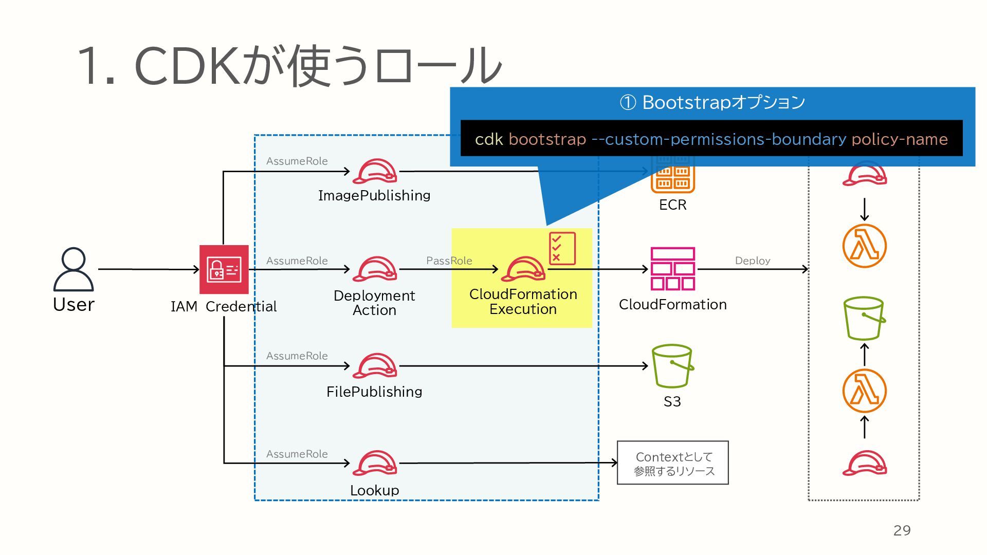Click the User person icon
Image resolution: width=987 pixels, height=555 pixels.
pyautogui.click(x=74, y=269)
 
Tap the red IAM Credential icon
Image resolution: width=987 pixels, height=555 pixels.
pyautogui.click(x=224, y=269)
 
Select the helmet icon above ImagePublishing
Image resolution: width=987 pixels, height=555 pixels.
pyautogui.click(x=375, y=171)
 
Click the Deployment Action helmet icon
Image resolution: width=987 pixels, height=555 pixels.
pyautogui.click(x=375, y=269)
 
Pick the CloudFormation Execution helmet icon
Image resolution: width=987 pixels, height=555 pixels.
pyautogui.click(x=523, y=269)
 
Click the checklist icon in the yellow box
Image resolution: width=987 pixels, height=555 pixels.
pyautogui.click(x=562, y=248)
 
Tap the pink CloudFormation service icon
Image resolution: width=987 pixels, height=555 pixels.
pyautogui.click(x=673, y=269)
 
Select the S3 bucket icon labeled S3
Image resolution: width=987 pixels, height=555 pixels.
pyautogui.click(x=672, y=366)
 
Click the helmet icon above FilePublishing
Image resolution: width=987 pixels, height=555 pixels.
pyautogui.click(x=375, y=366)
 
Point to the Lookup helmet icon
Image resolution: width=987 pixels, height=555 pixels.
pyautogui.click(x=375, y=463)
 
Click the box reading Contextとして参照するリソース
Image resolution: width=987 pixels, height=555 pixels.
pyautogui.click(x=673, y=462)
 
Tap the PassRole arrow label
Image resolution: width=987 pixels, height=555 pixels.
pyautogui.click(x=449, y=261)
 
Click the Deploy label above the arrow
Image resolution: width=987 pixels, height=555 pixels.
pyautogui.click(x=753, y=261)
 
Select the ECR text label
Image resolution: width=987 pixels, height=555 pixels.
pyautogui.click(x=672, y=205)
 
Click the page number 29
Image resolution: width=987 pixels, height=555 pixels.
pyautogui.click(x=902, y=530)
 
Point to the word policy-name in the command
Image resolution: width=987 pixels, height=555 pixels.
pyautogui.click(x=900, y=139)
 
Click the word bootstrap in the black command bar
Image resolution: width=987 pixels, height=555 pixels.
pyautogui.click(x=547, y=139)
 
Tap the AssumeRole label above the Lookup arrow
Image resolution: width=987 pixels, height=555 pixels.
pyautogui.click(x=297, y=454)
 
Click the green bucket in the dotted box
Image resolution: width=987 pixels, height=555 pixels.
pyautogui.click(x=864, y=318)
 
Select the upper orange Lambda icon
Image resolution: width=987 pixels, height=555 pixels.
pyautogui.click(x=865, y=246)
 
